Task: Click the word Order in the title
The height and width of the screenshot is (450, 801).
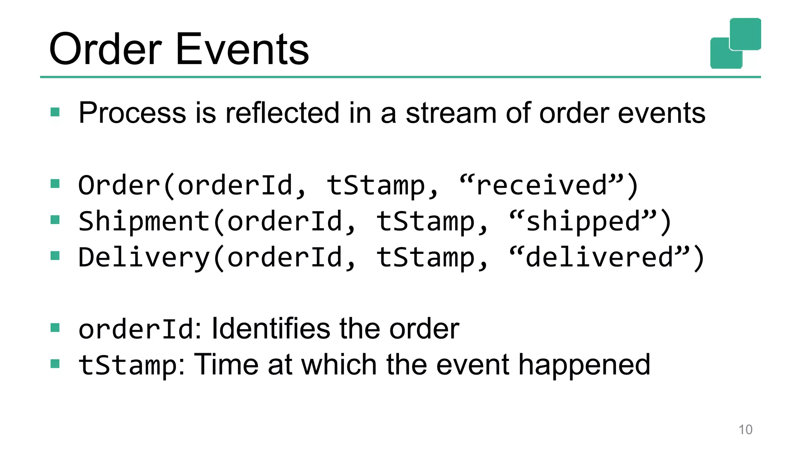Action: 105,50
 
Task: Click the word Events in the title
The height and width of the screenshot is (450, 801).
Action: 242,50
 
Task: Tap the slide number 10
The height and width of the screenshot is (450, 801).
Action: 745,429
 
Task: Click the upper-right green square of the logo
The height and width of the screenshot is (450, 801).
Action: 745,34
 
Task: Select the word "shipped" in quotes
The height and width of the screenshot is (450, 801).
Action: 583,221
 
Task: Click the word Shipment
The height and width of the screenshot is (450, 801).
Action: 144,221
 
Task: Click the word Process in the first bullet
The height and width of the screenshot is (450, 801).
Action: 132,113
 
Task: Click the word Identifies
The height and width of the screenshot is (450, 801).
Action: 271,329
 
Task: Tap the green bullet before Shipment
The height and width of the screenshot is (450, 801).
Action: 55,220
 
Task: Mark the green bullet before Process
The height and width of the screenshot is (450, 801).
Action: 55,112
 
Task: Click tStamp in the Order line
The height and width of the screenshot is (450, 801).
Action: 376,185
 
